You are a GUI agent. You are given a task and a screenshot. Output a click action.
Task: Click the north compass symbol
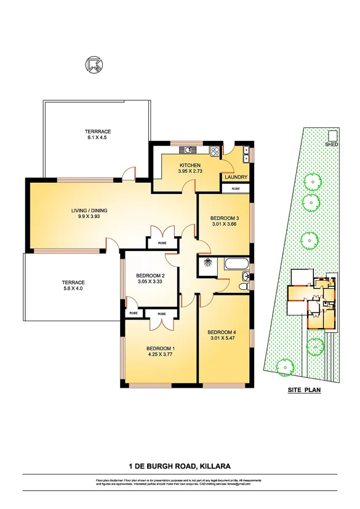point(95,65)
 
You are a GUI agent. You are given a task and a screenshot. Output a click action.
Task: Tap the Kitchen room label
point(190,166)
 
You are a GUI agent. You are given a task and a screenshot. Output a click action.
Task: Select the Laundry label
point(236,177)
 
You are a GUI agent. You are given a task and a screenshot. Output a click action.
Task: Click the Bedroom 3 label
point(225,218)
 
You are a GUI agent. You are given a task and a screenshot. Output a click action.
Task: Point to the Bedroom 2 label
point(150,275)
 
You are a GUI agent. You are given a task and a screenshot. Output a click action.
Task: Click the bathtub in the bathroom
point(236,265)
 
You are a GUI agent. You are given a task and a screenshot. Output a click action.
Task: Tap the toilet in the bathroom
point(245,286)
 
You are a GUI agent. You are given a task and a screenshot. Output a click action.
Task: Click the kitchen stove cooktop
point(215,151)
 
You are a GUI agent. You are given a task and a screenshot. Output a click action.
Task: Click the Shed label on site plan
point(333,143)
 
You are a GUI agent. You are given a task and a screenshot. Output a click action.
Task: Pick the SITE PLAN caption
point(305,390)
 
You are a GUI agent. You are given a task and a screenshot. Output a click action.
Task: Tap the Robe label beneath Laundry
point(236,188)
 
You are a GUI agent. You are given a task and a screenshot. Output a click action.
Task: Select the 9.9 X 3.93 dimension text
point(89,217)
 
